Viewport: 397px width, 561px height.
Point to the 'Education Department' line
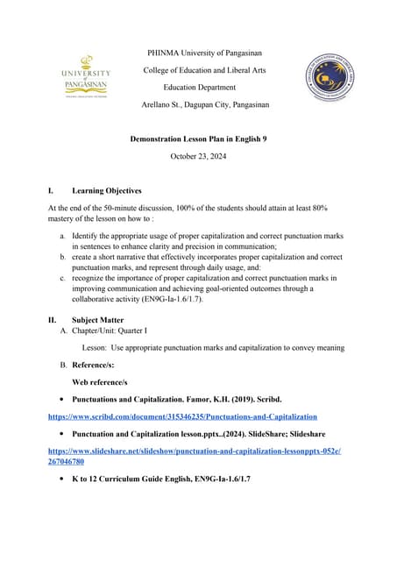(x=200, y=88)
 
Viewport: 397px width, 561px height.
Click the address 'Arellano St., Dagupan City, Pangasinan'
(x=205, y=105)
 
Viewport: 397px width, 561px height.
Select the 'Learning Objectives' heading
(x=106, y=190)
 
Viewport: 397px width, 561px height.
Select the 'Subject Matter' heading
(x=97, y=320)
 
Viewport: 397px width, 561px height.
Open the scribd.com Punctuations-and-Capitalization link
(x=182, y=416)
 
